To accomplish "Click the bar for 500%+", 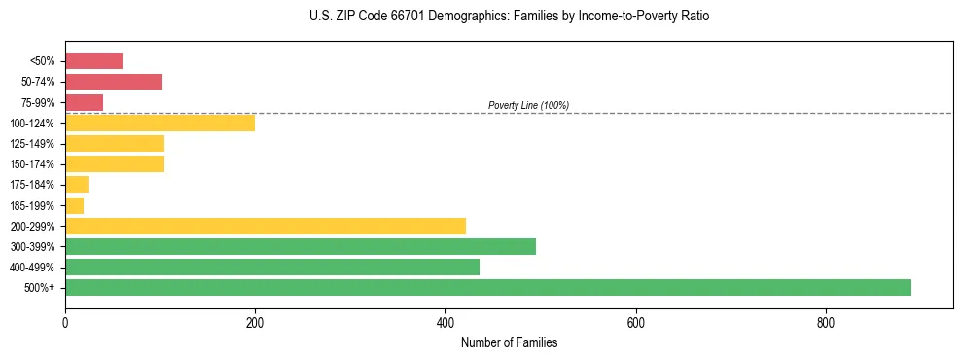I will [487, 287].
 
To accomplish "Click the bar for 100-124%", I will [160, 123].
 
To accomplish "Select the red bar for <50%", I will [93, 61].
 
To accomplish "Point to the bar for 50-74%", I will [114, 82].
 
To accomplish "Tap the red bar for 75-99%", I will [84, 102].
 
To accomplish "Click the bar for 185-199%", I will [74, 205].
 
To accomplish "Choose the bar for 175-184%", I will [77, 185].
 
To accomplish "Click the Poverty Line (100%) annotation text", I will [528, 105].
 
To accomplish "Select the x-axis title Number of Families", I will [509, 343].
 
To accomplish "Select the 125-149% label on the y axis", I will [32, 144].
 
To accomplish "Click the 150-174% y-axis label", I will [32, 164].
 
